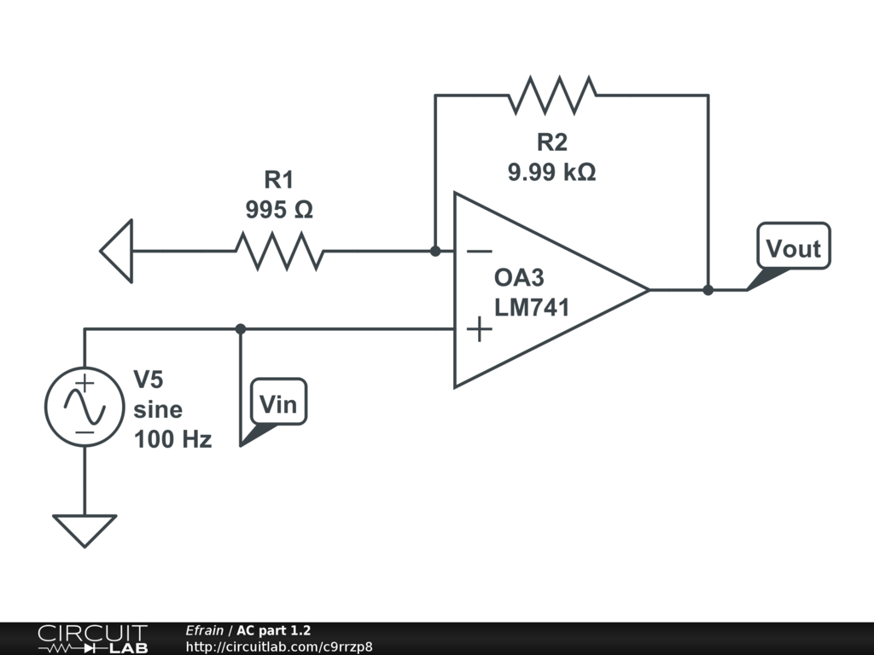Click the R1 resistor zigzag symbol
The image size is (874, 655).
[x=279, y=252]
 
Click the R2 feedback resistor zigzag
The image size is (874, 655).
[x=552, y=96]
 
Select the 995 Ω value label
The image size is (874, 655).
[x=279, y=210]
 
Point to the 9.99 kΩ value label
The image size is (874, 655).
[x=552, y=171]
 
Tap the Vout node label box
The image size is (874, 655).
[x=794, y=246]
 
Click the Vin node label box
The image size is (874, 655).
[x=279, y=403]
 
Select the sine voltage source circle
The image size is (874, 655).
[x=84, y=406]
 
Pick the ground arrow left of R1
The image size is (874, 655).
[x=116, y=252]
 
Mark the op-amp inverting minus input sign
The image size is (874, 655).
[x=479, y=252]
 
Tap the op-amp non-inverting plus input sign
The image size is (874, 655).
[x=480, y=329]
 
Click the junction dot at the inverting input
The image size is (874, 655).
[x=435, y=252]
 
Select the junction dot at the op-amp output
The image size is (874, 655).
[x=708, y=290]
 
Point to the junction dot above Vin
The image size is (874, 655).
[x=240, y=329]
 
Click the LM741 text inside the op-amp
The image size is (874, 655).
[x=532, y=308]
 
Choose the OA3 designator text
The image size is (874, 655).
[x=519, y=278]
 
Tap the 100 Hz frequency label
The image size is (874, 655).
[x=172, y=439]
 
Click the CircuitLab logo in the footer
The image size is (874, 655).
[x=92, y=639]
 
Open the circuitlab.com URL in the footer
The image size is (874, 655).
[x=279, y=646]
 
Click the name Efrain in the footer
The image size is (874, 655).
[x=204, y=630]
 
